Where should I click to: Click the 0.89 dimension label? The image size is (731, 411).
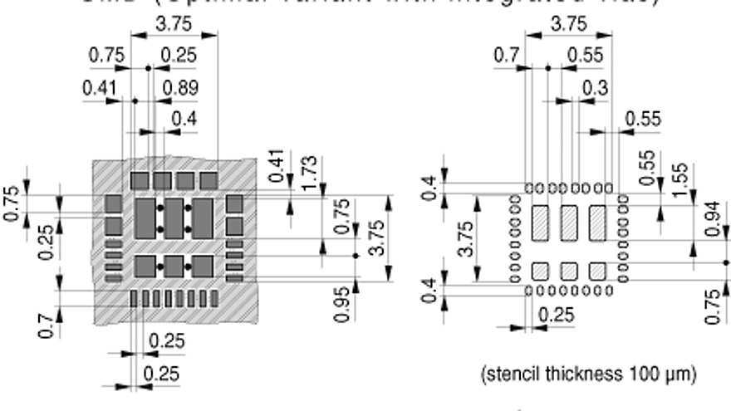click(x=180, y=88)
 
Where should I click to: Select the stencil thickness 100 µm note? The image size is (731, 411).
click(x=588, y=371)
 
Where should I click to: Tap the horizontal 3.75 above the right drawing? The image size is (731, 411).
click(x=569, y=23)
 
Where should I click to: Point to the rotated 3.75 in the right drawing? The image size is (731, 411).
click(x=465, y=239)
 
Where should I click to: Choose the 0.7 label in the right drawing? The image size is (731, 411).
click(x=507, y=56)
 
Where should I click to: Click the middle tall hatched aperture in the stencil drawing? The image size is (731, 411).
click(x=569, y=223)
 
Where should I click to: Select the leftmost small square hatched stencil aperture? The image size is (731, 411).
click(x=540, y=270)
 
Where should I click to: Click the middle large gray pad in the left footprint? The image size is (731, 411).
click(x=174, y=217)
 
